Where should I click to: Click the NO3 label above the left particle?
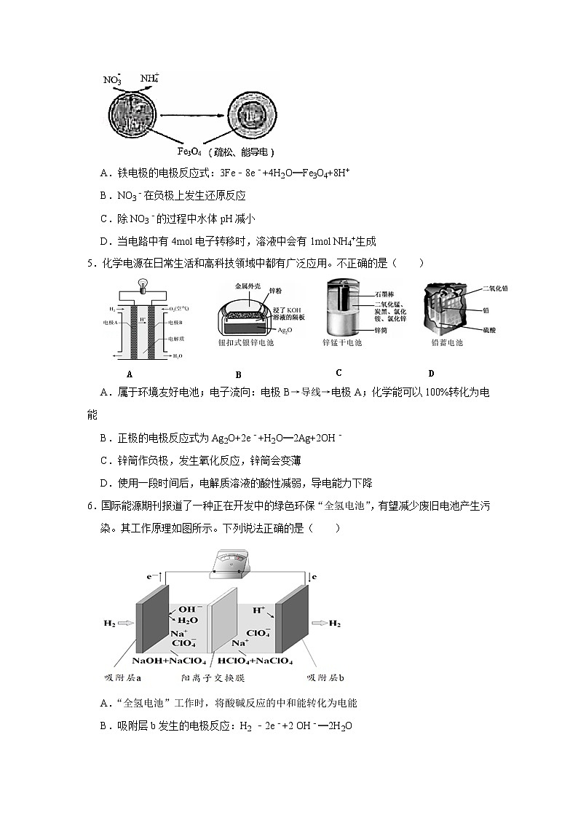113,79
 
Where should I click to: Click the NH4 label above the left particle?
149,78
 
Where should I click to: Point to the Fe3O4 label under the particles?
194,152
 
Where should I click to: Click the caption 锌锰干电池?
341,342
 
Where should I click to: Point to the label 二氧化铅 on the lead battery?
496,288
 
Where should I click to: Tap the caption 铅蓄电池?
443,342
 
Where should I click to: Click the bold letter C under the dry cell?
339,373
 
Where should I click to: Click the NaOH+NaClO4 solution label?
165,661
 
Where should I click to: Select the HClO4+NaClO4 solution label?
256,661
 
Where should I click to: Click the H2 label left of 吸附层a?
110,624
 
